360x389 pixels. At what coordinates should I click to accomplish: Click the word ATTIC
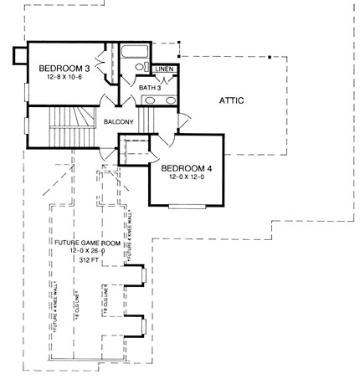click(232, 100)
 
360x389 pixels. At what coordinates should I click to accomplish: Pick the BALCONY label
click(119, 122)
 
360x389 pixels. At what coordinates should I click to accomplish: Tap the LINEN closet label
click(165, 69)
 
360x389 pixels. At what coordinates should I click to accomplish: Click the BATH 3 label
click(150, 87)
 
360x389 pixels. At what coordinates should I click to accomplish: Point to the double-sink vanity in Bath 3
click(157, 101)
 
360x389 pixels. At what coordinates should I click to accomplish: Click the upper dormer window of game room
click(144, 276)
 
